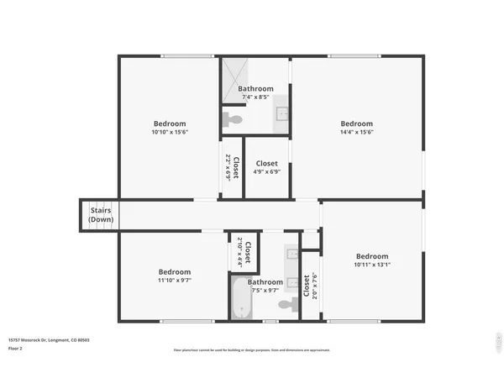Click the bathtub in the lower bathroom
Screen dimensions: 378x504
pos(240,300)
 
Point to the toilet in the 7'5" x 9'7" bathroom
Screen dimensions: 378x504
pos(288,303)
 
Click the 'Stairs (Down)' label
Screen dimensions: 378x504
pos(101,214)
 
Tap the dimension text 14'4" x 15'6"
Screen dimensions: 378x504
pos(356,131)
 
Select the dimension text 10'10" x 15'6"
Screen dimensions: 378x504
pos(170,131)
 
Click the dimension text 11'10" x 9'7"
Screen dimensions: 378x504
pos(175,281)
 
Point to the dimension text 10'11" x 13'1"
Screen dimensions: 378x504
pos(371,265)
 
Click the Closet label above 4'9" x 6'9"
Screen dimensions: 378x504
pos(267,164)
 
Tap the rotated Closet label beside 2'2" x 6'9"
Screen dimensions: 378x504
pos(237,167)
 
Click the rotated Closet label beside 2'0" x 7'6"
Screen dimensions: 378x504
pos(305,286)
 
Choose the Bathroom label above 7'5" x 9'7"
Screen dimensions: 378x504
pos(265,282)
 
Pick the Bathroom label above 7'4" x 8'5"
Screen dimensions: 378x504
pos(255,89)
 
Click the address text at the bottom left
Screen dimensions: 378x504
pos(50,340)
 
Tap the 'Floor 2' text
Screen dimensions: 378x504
pos(16,347)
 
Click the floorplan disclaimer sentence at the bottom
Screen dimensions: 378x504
pos(252,349)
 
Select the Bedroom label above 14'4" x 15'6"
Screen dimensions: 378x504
pos(356,123)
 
